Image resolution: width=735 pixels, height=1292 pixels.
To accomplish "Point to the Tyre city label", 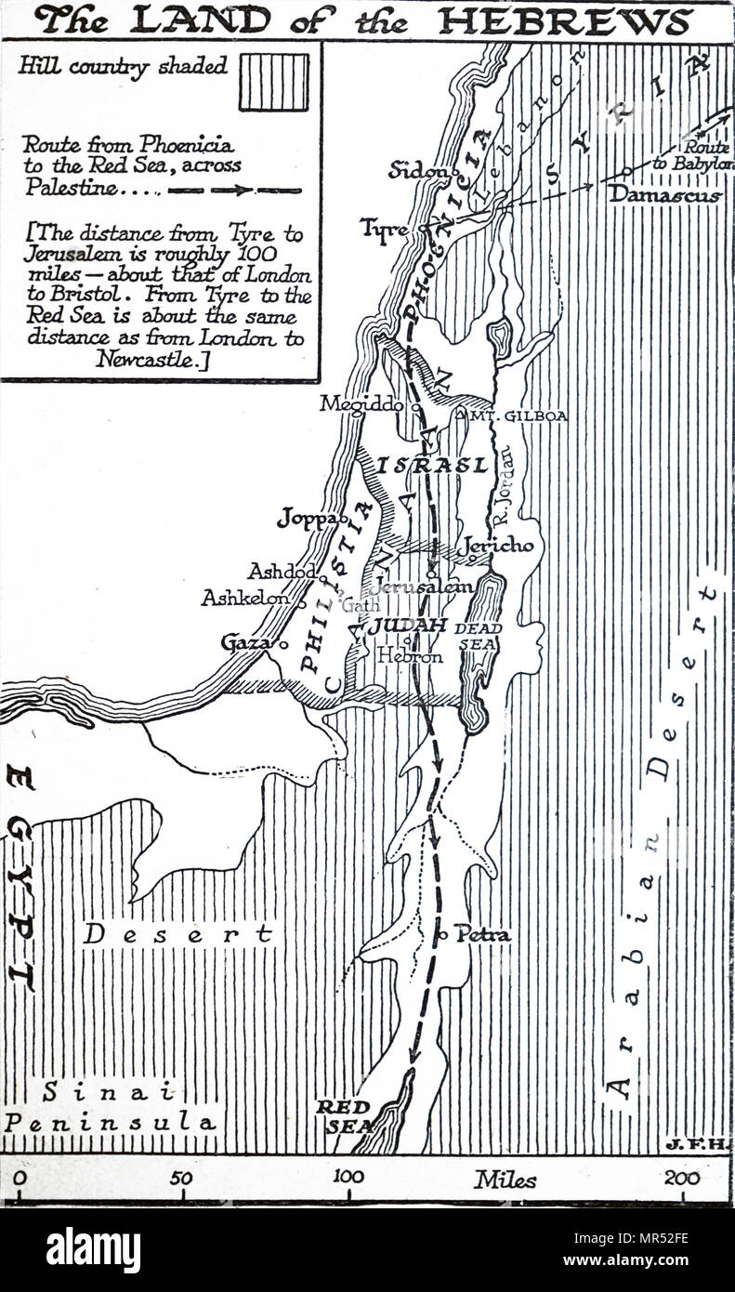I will click(383, 227).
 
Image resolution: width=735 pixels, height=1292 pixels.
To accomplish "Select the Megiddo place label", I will click(363, 404).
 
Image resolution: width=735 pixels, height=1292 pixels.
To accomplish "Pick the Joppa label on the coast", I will click(308, 519).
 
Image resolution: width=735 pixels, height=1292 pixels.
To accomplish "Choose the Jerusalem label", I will click(423, 587).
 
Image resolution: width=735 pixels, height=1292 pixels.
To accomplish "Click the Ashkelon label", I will click(244, 599).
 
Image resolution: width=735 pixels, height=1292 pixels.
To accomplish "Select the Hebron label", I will click(410, 655).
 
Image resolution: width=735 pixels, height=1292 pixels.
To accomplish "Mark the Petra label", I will click(482, 934).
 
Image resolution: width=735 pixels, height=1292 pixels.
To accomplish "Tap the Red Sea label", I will click(344, 1115).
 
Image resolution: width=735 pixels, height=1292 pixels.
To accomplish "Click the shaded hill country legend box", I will click(273, 82).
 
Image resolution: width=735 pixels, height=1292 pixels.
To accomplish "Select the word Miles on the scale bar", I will click(505, 1180).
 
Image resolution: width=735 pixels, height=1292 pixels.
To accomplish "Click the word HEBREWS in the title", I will click(566, 20).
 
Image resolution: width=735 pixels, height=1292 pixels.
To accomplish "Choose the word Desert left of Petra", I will click(177, 933).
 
